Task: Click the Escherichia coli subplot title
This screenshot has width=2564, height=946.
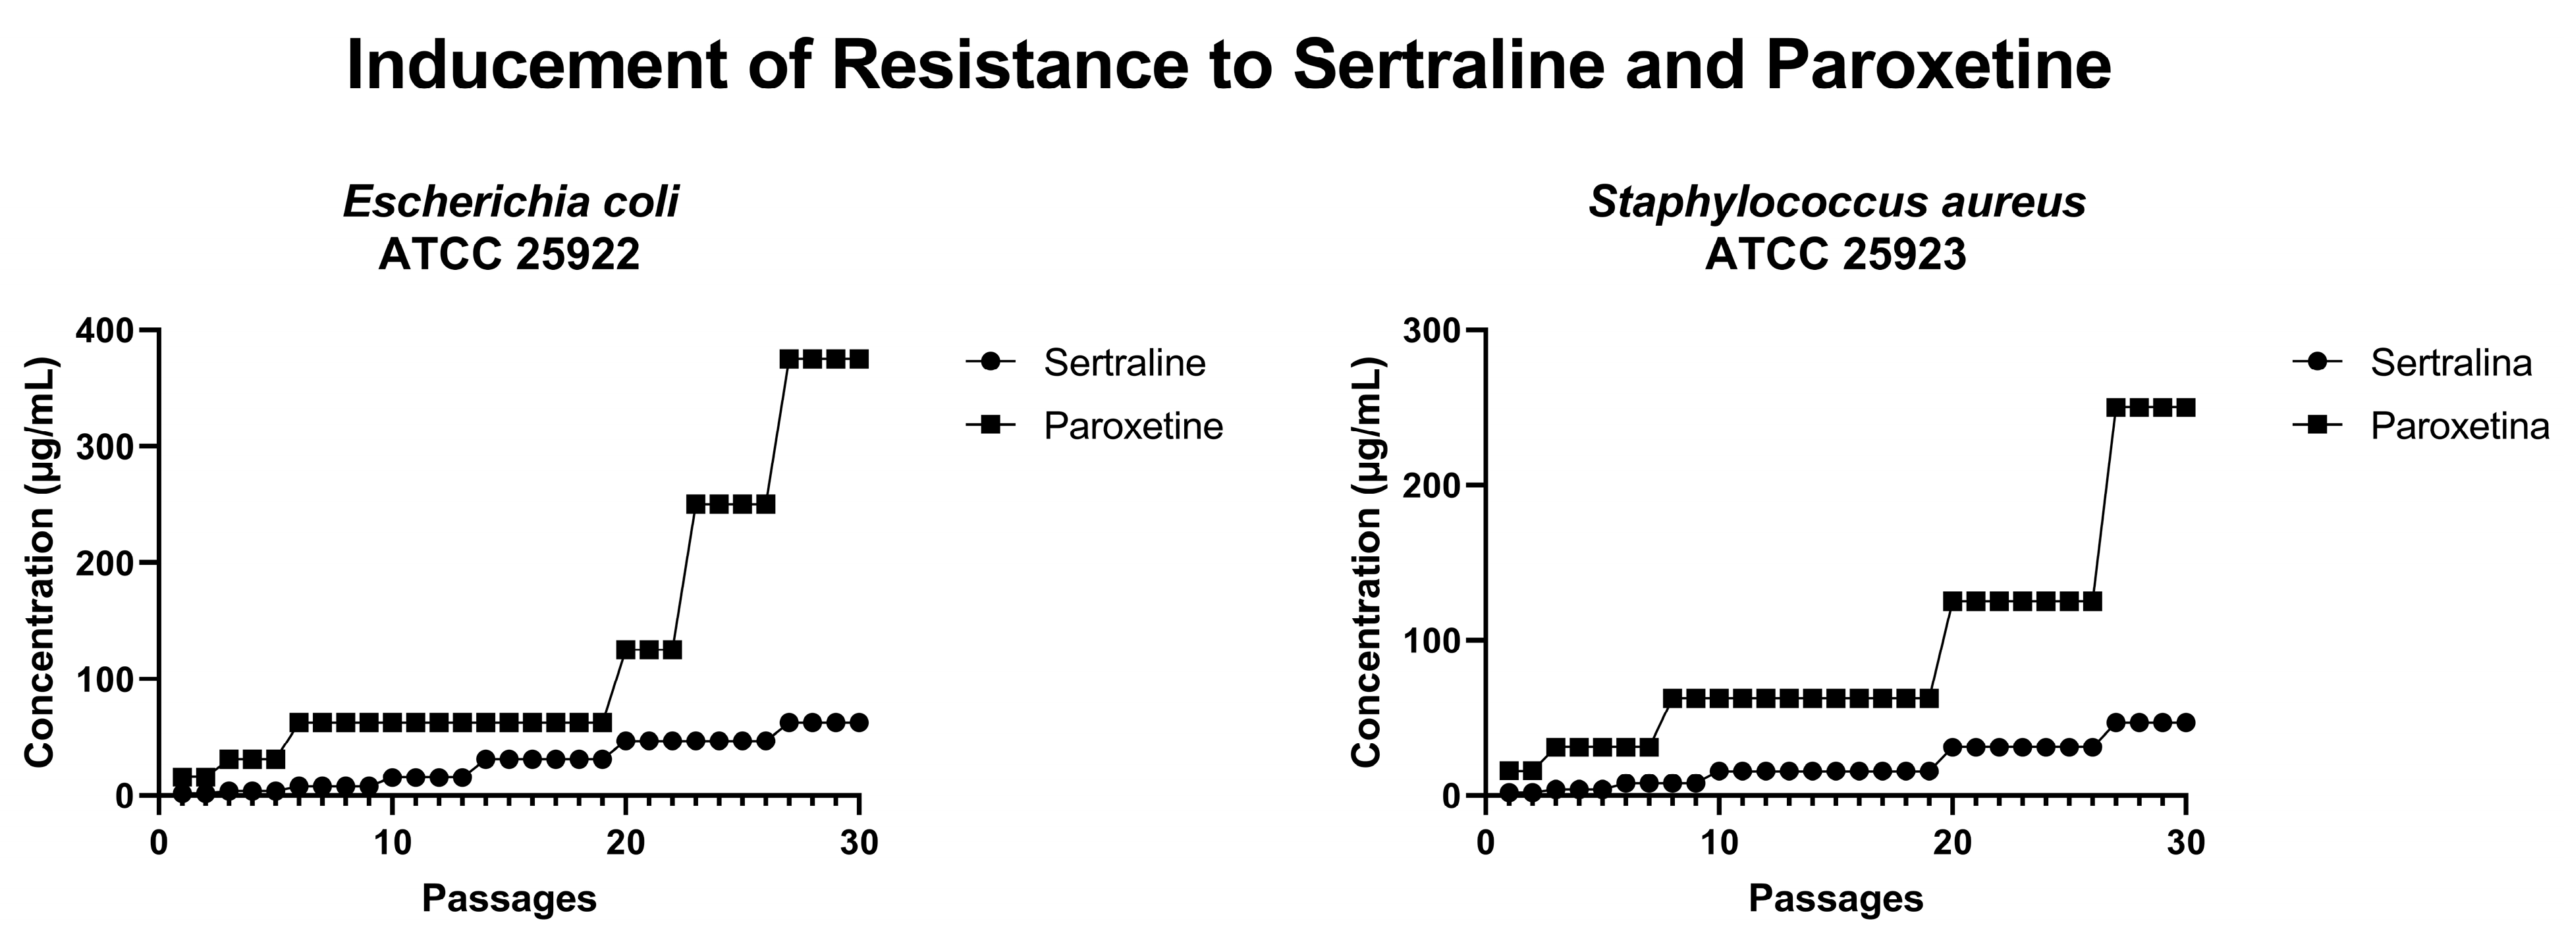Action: (510, 203)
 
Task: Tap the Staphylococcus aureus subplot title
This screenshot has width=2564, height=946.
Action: (1836, 203)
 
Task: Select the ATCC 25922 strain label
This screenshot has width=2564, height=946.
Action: (508, 255)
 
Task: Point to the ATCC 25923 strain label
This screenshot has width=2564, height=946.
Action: (1836, 255)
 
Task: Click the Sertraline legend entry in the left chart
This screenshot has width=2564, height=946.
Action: (1124, 363)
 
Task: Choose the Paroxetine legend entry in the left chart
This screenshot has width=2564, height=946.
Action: (1133, 426)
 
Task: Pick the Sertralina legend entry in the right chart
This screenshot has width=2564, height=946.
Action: (2451, 363)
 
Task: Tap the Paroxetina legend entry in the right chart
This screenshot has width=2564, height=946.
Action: (2459, 426)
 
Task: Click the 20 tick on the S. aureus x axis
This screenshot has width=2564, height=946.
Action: (1952, 843)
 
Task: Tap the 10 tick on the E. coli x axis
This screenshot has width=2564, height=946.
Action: (392, 843)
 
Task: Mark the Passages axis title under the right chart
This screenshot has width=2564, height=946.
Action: (1836, 899)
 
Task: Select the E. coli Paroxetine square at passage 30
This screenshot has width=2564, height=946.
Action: (859, 359)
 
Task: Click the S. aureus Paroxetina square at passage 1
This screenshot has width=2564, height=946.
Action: (1509, 771)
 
